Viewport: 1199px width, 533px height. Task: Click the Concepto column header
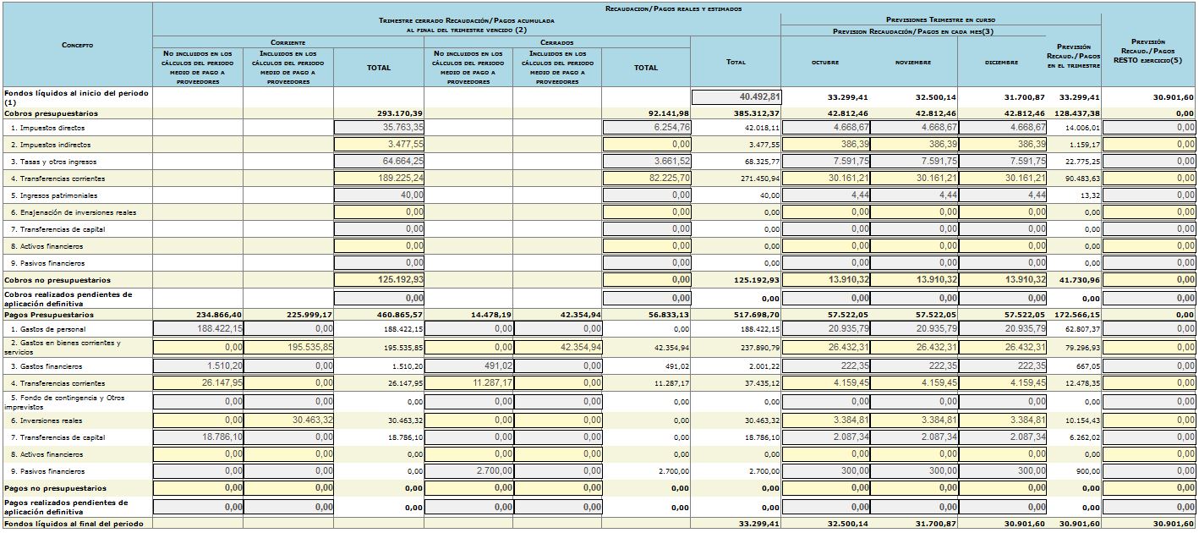point(78,45)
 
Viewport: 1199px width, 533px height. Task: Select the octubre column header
point(825,62)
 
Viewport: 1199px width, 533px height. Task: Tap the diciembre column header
point(1001,62)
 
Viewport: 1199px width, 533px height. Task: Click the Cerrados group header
point(556,42)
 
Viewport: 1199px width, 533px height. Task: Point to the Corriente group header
point(288,42)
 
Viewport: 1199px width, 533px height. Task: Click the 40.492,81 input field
point(736,97)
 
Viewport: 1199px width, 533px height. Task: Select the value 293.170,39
point(400,113)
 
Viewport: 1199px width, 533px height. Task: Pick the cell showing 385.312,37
point(757,113)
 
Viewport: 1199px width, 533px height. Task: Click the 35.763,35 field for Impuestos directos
point(379,128)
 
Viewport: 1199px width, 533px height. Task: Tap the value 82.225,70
point(647,178)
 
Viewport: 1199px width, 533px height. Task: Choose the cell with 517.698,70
point(757,315)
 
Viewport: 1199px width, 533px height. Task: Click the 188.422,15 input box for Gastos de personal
point(198,328)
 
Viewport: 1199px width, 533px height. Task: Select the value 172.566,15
point(1077,315)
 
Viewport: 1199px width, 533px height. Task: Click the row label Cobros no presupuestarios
point(57,280)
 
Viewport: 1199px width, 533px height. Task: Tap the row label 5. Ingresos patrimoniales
point(54,195)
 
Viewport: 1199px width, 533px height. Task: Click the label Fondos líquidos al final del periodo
point(74,524)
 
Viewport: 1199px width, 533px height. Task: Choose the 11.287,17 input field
point(468,383)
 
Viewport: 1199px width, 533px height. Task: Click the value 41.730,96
point(1080,280)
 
